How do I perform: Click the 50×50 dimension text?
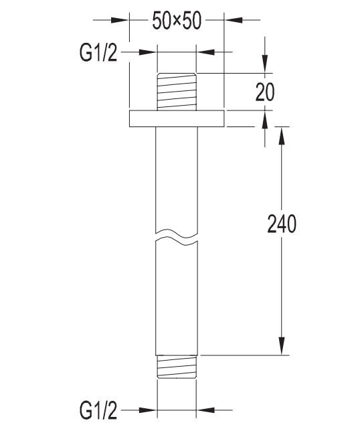[177, 21]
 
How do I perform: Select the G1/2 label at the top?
[98, 52]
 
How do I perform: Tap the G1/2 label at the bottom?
[98, 408]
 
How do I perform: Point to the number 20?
[265, 92]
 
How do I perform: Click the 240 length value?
[282, 224]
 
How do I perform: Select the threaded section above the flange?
[176, 92]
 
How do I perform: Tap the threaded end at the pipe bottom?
[176, 367]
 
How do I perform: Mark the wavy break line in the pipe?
[176, 236]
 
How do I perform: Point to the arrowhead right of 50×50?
[232, 20]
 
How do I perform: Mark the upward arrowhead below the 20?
[266, 120]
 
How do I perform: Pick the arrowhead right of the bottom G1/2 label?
[149, 409]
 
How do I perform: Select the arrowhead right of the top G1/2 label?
[149, 52]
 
